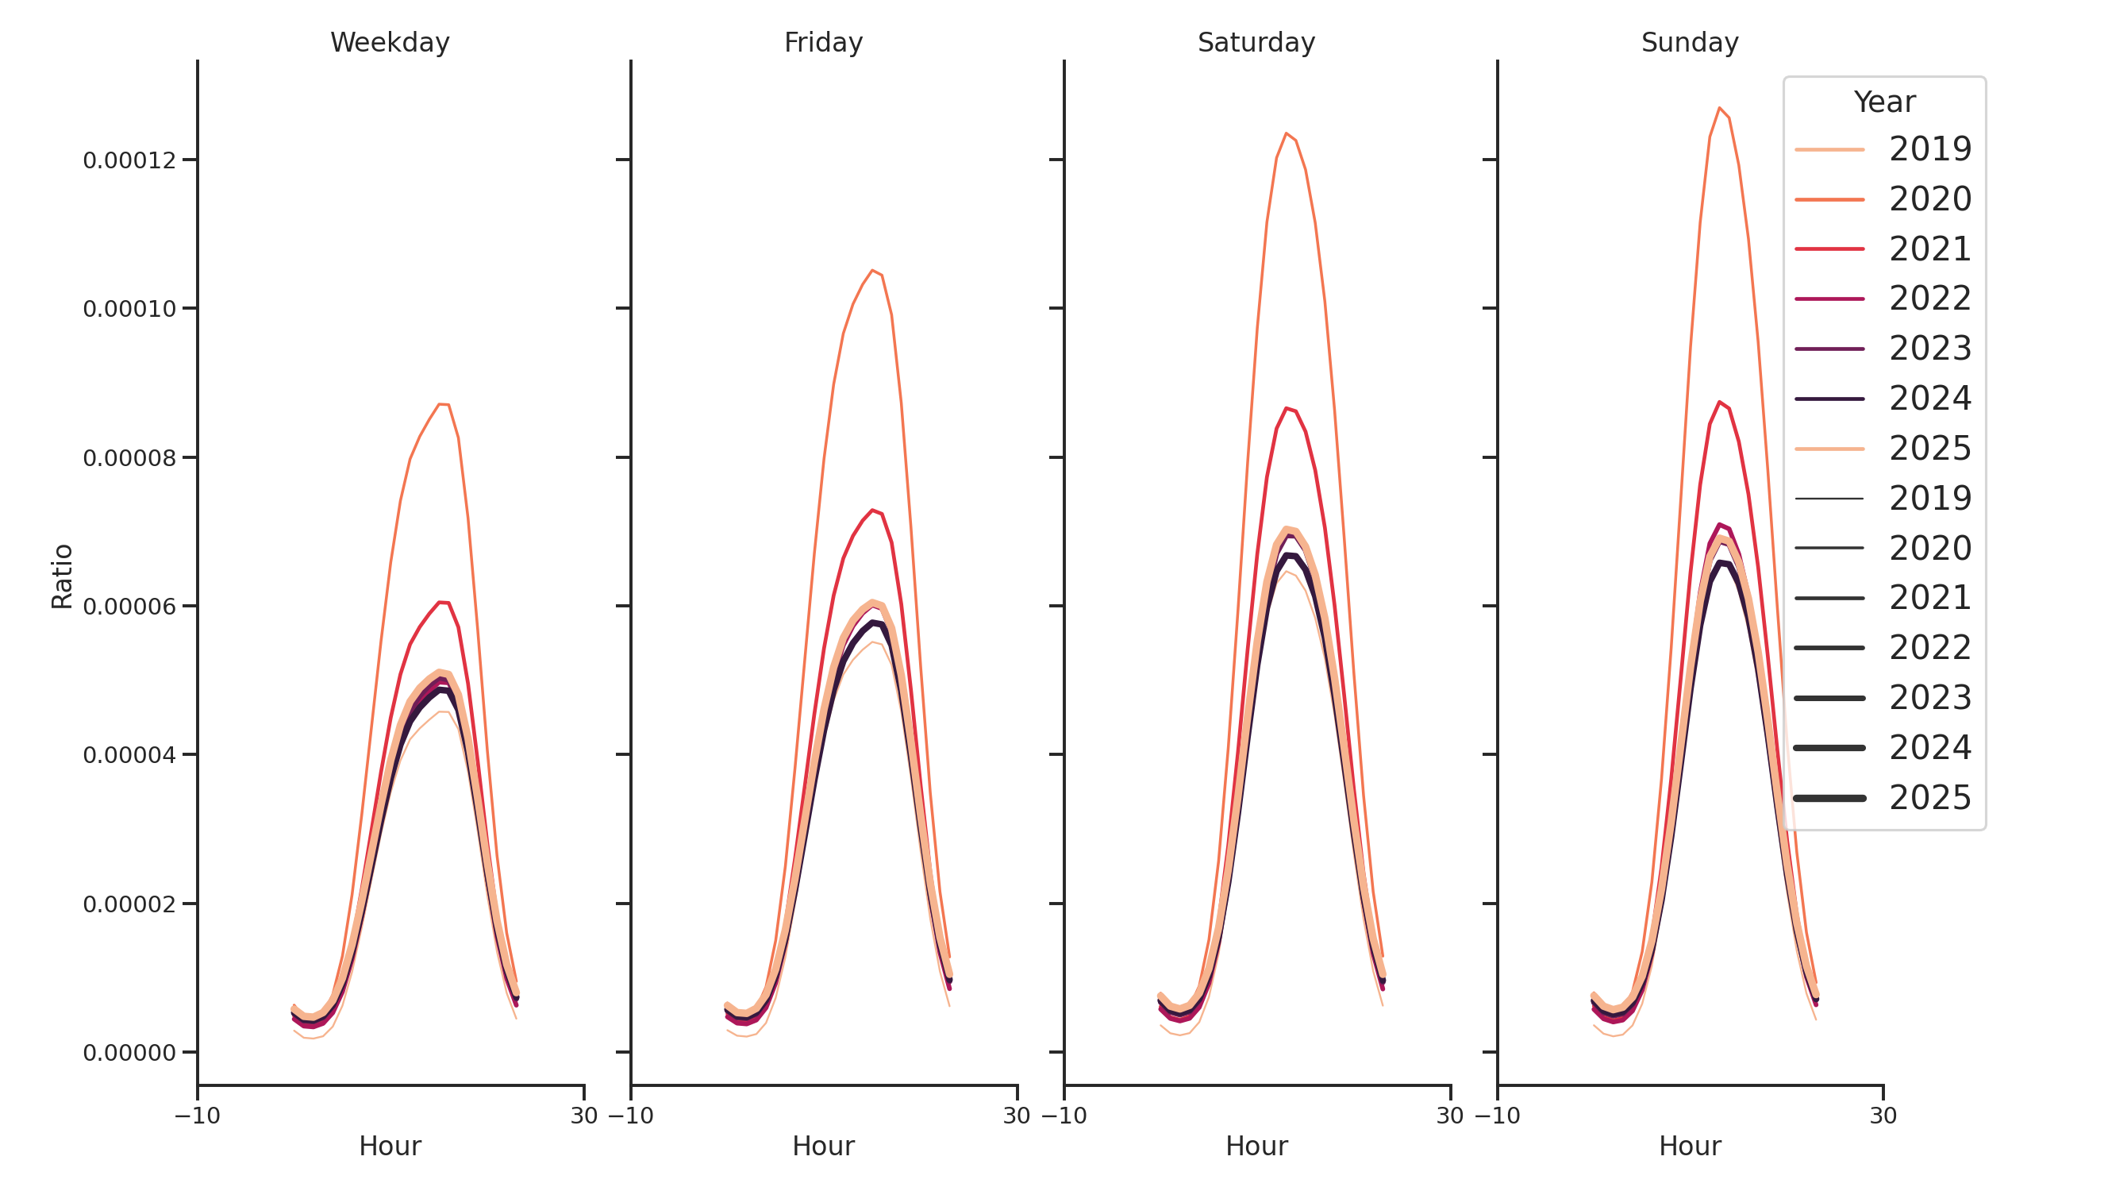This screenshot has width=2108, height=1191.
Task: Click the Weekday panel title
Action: pyautogui.click(x=390, y=43)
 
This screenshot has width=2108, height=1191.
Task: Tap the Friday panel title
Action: pyautogui.click(x=823, y=43)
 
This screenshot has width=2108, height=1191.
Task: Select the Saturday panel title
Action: pyautogui.click(x=1256, y=43)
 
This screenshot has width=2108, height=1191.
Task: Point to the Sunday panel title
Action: pyautogui.click(x=1690, y=43)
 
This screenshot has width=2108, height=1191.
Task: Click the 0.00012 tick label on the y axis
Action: pyautogui.click(x=129, y=160)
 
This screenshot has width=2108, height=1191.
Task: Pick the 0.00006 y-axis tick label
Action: pyautogui.click(x=129, y=607)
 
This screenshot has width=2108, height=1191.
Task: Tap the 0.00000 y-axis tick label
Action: pyautogui.click(x=129, y=1053)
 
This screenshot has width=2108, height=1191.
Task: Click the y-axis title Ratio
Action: pyautogui.click(x=62, y=576)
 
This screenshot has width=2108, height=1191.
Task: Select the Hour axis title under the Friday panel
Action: pyautogui.click(x=823, y=1146)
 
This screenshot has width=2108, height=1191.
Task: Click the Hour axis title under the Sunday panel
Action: pyautogui.click(x=1690, y=1146)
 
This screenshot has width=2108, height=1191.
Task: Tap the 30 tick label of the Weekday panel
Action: pyautogui.click(x=583, y=1116)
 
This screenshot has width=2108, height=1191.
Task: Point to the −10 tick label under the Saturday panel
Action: pyautogui.click(x=1064, y=1116)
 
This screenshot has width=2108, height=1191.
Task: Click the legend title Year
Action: pyautogui.click(x=1883, y=102)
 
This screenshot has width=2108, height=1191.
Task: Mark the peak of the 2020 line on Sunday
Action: pyautogui.click(x=1719, y=108)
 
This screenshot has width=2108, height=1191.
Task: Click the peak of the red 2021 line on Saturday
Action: pyautogui.click(x=1287, y=407)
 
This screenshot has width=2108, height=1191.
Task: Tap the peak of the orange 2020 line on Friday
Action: pyautogui.click(x=872, y=270)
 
